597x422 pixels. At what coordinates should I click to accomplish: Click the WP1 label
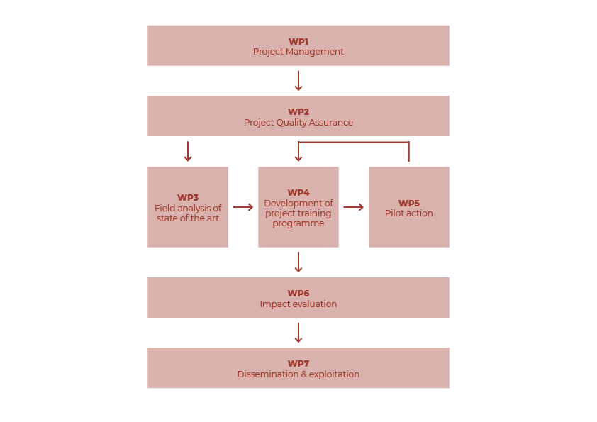298,42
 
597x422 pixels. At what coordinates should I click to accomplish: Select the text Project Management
298,52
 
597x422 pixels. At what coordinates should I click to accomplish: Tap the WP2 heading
298,112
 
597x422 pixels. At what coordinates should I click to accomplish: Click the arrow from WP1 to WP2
298,81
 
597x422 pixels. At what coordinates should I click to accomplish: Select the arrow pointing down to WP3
188,152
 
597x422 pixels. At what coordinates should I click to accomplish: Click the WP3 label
188,198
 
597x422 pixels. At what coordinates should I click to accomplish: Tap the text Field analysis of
188,209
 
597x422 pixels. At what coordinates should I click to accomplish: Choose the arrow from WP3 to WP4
243,207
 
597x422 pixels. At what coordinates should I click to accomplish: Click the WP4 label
298,193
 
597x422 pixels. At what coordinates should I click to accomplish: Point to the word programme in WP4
298,223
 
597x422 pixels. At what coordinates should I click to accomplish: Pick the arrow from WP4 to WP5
354,207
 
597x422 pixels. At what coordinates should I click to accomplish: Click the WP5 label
409,203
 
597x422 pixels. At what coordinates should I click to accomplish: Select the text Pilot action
409,213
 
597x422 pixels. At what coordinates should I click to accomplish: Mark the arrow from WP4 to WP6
298,262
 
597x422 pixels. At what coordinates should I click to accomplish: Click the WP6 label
298,294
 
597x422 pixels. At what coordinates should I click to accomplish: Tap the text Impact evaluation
298,304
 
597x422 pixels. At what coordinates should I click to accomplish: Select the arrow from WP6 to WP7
298,333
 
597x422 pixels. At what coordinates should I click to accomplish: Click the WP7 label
298,364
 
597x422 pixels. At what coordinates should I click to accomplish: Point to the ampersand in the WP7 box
304,374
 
